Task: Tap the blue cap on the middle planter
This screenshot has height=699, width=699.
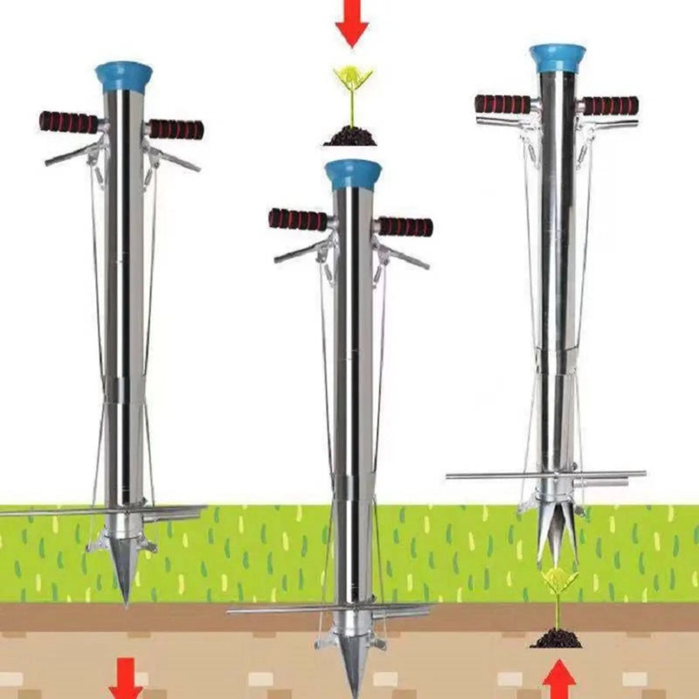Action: (x=353, y=175)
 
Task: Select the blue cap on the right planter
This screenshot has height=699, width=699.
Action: (x=557, y=58)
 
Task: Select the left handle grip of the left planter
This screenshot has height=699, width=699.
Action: (x=69, y=122)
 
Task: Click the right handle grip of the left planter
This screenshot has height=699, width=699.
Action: (x=176, y=129)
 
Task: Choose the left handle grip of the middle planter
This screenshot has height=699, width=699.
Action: (x=298, y=219)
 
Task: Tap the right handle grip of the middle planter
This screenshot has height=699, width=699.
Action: (x=405, y=226)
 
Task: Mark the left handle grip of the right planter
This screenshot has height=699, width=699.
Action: (x=503, y=104)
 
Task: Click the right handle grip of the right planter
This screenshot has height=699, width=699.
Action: (x=610, y=106)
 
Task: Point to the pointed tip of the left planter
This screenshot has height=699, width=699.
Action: (x=125, y=585)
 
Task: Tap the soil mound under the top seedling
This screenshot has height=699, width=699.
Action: (x=351, y=136)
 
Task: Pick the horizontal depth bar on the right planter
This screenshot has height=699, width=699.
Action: (x=546, y=475)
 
